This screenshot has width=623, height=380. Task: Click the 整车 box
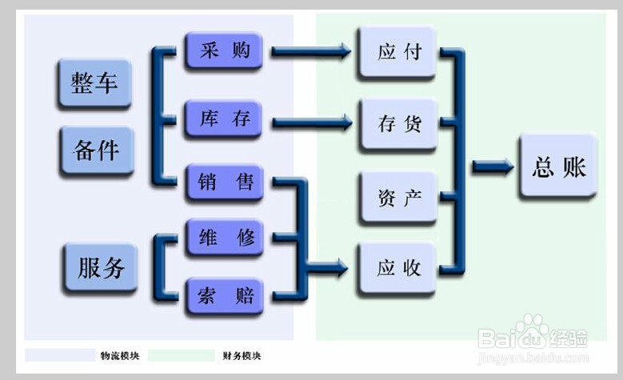[94, 83]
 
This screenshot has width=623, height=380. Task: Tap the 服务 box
[101, 267]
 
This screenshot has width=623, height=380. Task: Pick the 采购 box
[224, 51]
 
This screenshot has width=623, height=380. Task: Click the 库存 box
[224, 120]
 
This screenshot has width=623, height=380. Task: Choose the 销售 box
[224, 182]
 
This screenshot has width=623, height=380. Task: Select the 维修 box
[224, 237]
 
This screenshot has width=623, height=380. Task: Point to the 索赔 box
[224, 296]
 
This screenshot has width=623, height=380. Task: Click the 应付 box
[398, 53]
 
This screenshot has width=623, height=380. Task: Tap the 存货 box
[398, 125]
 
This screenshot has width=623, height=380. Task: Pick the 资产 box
[398, 197]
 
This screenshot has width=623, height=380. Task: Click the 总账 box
[558, 167]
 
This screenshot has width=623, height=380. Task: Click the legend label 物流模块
[117, 355]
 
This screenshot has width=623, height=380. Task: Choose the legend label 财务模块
[241, 355]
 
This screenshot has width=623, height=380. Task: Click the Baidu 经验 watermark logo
[532, 335]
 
